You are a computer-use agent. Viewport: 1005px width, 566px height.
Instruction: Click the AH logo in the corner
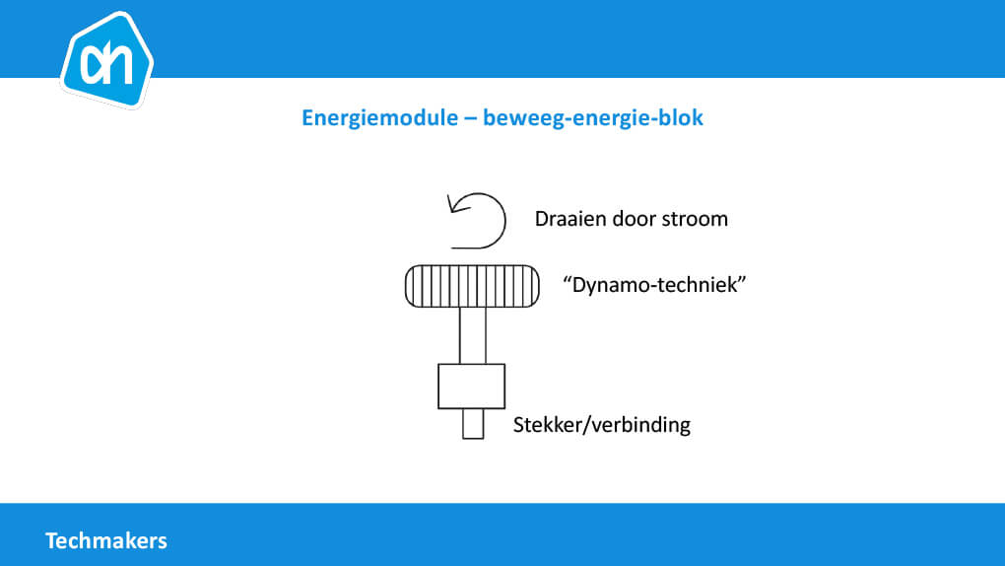[x=106, y=60]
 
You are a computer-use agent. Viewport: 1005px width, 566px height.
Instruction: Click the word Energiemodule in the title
[x=380, y=118]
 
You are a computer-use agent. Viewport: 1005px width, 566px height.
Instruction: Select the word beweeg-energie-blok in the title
[x=593, y=118]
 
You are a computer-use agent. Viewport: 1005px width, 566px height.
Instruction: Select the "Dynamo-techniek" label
[x=654, y=285]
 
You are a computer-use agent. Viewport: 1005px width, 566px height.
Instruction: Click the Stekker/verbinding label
[x=602, y=425]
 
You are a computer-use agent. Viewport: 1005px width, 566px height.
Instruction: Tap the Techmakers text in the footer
[x=106, y=541]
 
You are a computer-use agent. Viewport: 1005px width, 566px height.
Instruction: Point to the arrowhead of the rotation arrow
[x=452, y=204]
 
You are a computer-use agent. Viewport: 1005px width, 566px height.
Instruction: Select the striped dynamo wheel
[x=472, y=286]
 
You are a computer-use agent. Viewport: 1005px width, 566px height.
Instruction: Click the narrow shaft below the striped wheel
[x=472, y=335]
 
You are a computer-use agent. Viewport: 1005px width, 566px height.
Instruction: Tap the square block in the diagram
[x=472, y=387]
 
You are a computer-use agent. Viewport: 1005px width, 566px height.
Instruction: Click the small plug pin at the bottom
[x=473, y=424]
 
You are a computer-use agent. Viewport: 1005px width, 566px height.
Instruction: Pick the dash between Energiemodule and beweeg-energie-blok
[x=470, y=119]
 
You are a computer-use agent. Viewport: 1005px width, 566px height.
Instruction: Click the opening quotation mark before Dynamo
[x=567, y=279]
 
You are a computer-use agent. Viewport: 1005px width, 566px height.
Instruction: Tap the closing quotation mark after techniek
[x=742, y=279]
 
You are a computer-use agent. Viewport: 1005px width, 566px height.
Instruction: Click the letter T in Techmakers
[x=51, y=541]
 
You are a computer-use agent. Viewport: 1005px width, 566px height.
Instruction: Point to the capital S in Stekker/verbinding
[x=518, y=425]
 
